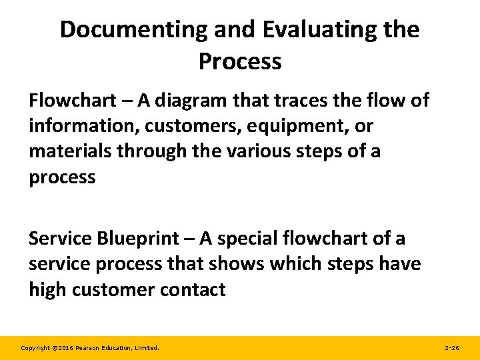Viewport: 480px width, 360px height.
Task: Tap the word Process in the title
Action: [x=240, y=61]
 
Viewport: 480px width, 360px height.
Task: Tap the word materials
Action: [x=70, y=151]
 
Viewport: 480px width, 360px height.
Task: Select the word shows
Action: [x=236, y=264]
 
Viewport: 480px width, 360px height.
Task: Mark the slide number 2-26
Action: [x=451, y=348]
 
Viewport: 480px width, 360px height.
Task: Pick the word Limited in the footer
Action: [x=147, y=348]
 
